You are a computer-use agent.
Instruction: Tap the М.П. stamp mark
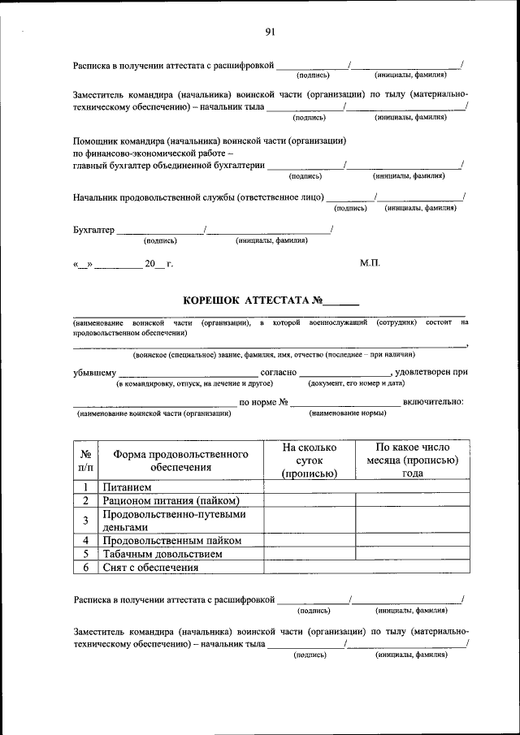tap(370, 263)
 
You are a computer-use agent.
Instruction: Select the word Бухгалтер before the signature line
tap(93, 230)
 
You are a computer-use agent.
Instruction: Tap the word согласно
tap(278, 372)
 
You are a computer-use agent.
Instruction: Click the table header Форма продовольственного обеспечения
tap(180, 460)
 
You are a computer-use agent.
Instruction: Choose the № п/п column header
tap(85, 460)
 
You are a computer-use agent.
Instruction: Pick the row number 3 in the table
tap(85, 521)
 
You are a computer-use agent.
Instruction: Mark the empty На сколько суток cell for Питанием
tap(310, 486)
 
